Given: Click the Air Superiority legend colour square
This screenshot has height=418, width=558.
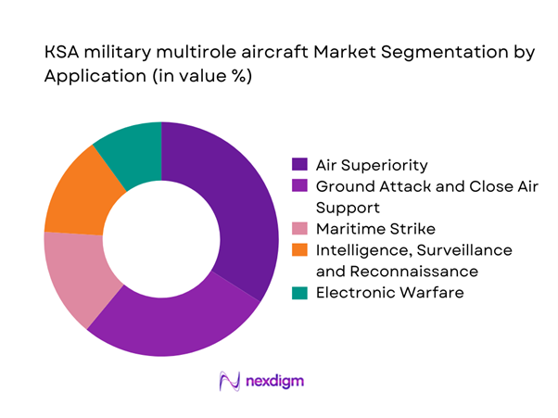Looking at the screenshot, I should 298,166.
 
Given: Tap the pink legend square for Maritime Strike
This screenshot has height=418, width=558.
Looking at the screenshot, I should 298,229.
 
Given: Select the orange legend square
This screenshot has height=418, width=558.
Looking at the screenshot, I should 298,250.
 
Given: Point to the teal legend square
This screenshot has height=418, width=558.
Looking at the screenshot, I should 298,293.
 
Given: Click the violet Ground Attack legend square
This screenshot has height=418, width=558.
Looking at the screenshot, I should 298,187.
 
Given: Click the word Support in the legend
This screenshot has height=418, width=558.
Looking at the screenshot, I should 348,208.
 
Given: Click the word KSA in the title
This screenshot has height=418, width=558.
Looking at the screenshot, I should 61,54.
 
